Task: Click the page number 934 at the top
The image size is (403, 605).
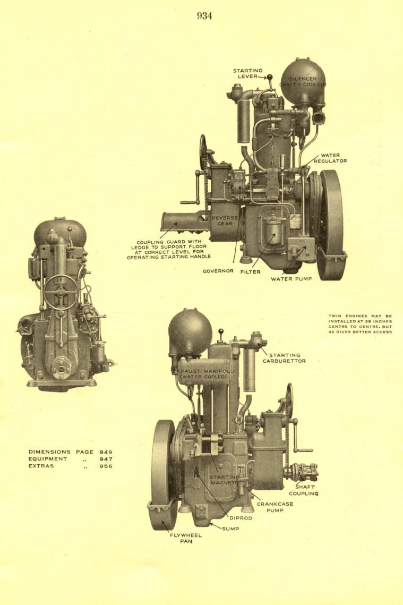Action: pos(204,16)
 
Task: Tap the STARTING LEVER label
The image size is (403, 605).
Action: pos(247,73)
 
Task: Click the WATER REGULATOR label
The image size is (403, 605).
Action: pos(330,158)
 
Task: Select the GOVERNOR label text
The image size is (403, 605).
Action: pos(218,271)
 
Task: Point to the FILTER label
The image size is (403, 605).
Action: pos(250,271)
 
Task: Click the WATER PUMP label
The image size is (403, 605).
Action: pos(291,278)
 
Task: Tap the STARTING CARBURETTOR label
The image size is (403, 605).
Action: pos(284,358)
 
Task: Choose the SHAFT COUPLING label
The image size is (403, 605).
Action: pos(304,490)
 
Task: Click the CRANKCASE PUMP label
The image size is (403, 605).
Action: pos(275,507)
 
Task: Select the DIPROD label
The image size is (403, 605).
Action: pos(241,518)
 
